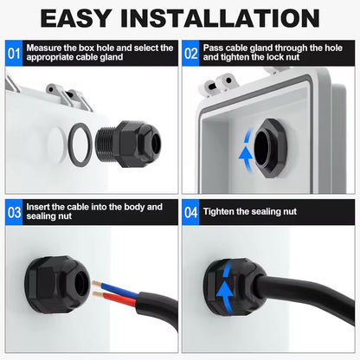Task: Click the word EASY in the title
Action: tap(76, 18)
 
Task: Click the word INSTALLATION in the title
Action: tap(221, 18)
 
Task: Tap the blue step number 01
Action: tap(14, 54)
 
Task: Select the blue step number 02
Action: tap(190, 54)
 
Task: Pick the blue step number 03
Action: tap(14, 213)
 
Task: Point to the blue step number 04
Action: tap(190, 213)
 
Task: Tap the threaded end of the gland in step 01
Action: tap(105, 145)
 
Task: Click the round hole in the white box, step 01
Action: tap(56, 145)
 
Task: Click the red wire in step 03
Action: tap(115, 298)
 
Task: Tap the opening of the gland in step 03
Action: tap(80, 284)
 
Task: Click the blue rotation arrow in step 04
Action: tap(225, 286)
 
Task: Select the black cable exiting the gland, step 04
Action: tap(305, 294)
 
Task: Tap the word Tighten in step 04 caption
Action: tap(218, 212)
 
